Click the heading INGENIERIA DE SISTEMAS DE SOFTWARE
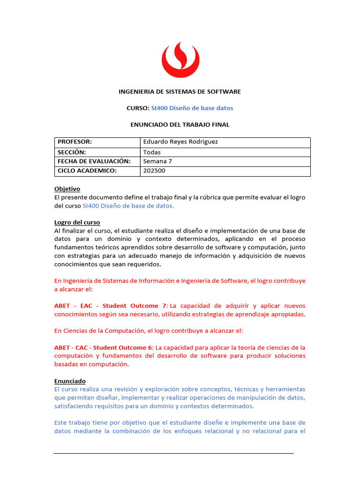pos(180,92)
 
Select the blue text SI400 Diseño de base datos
pos(192,108)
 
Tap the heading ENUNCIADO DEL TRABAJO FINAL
pos(180,125)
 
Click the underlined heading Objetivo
pos(67,189)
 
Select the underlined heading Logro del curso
pos(77,222)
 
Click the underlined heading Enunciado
pos(70,382)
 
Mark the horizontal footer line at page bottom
pos(173,453)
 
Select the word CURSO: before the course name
pos(137,108)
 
